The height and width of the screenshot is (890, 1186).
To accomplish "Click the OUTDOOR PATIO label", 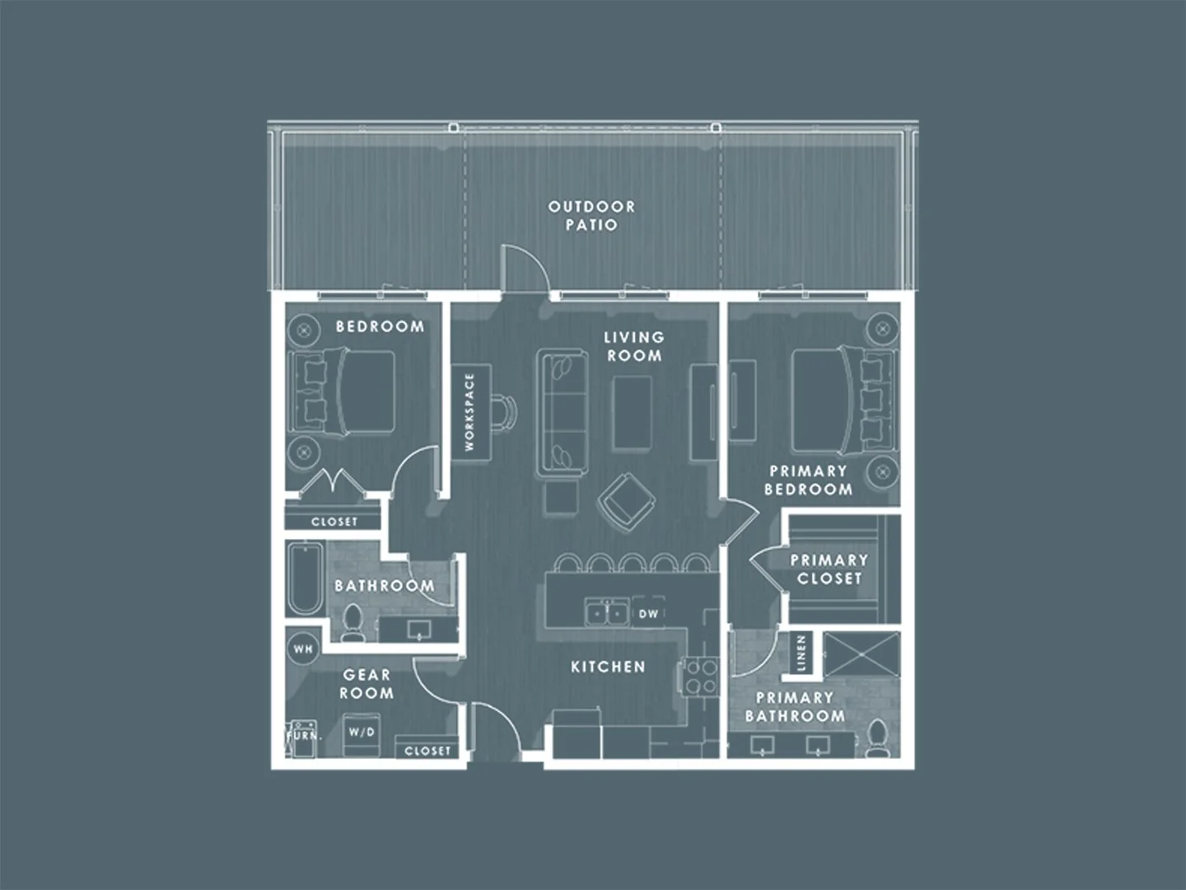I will tap(591, 216).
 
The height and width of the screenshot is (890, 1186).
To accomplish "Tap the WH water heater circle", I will tap(303, 649).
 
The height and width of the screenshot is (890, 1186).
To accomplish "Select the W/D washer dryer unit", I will tap(362, 733).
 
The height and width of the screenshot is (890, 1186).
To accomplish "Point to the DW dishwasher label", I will tap(649, 614).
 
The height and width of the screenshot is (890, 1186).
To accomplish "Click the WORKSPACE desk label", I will tap(470, 412).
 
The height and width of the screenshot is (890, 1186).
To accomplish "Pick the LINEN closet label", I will tap(801, 653).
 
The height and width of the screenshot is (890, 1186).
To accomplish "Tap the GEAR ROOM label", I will tap(367, 684).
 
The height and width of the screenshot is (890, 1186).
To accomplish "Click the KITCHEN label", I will tap(608, 667).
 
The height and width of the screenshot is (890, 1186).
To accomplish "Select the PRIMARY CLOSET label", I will tap(829, 569).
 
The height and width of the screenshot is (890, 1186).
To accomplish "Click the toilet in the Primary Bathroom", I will tap(879, 737).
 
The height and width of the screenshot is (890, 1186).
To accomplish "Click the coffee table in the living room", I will tap(633, 413).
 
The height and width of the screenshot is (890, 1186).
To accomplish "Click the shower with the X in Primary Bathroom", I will tap(861, 657).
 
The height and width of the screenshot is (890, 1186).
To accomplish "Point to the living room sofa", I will tap(562, 412).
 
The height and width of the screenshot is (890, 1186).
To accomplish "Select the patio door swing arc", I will tap(525, 265).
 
